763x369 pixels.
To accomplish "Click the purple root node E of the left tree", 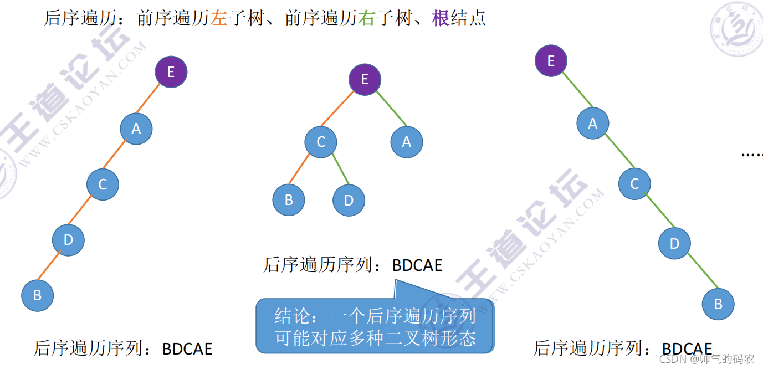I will pyautogui.click(x=171, y=72).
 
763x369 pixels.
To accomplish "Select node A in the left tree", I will pyautogui.click(x=136, y=129).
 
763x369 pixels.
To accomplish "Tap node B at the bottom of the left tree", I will pyautogui.click(x=38, y=295).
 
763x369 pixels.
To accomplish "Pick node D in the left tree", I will pyautogui.click(x=68, y=240).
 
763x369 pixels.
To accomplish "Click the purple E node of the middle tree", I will pyautogui.click(x=365, y=79).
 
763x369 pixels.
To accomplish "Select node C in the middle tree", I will pyautogui.click(x=321, y=142).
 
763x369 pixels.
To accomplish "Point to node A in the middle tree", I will pyautogui.click(x=407, y=142).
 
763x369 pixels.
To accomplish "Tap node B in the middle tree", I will pyautogui.click(x=289, y=200).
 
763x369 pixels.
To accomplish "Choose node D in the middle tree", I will pyautogui.click(x=349, y=200).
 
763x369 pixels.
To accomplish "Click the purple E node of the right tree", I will pyautogui.click(x=551, y=60).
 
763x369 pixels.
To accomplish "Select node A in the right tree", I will pyautogui.click(x=593, y=124).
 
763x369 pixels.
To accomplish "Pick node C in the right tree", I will pyautogui.click(x=635, y=184).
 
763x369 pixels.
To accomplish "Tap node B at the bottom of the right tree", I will pyautogui.click(x=718, y=304).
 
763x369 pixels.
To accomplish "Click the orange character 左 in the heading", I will pyautogui.click(x=219, y=18).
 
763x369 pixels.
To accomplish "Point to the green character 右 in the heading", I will pyautogui.click(x=367, y=18).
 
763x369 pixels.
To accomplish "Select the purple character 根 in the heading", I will pyautogui.click(x=441, y=18).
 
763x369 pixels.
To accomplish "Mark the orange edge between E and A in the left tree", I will pyautogui.click(x=153, y=100).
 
